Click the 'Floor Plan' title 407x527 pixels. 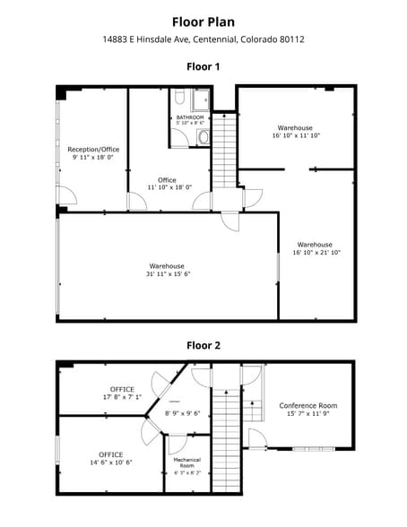pos(203,21)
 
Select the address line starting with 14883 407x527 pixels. pos(203,39)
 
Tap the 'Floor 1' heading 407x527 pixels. pos(203,66)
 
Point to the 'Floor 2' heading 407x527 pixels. pos(203,344)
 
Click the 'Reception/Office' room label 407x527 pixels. pos(93,150)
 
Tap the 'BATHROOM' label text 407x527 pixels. pos(189,117)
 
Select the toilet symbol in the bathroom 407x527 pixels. pos(203,137)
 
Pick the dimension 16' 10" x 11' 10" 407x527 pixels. pos(296,135)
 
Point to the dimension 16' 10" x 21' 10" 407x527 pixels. pos(316,253)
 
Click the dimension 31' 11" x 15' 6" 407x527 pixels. pos(167,274)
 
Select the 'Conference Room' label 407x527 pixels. pos(307,405)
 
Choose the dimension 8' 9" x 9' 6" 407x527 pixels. pos(183,413)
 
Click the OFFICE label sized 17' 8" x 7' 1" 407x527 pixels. pos(122,388)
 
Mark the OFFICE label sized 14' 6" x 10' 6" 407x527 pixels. pos(110,454)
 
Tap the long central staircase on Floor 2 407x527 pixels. pos(228,439)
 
